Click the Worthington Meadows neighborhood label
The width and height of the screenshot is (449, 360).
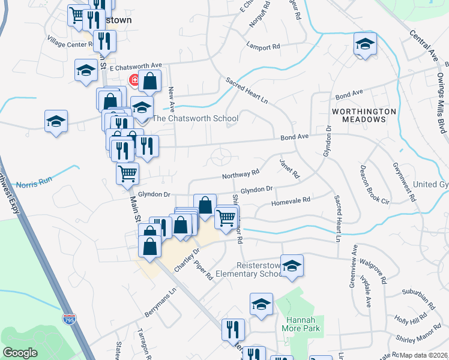pos(364,115)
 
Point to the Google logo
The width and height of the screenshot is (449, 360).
pos(20,353)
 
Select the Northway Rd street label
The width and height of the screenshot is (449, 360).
pos(240,174)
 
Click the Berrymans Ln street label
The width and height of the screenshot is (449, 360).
pos(161,304)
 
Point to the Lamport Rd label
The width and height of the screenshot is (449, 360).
pos(264,46)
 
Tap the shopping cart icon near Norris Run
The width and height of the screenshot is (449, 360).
pos(127,173)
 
